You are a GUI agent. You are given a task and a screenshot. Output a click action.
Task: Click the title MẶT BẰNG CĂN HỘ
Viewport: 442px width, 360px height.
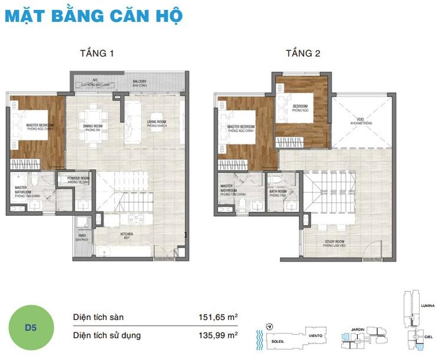tap(94, 15)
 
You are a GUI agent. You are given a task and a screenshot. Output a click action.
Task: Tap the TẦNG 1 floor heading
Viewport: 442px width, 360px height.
tap(97, 54)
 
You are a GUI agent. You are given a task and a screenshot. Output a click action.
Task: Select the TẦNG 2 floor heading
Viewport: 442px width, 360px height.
tap(303, 54)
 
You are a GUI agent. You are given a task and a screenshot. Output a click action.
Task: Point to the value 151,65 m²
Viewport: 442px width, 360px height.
tap(217, 317)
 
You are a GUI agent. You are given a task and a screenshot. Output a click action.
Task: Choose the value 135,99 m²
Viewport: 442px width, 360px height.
tap(217, 335)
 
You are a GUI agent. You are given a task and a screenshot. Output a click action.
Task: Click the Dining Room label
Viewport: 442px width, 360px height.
tap(94, 127)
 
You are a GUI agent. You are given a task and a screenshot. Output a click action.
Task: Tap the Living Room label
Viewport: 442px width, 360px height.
tap(157, 123)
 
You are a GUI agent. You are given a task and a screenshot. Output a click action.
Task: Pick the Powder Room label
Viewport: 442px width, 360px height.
tap(78, 180)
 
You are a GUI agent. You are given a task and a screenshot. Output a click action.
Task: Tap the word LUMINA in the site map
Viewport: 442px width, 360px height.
tap(427, 305)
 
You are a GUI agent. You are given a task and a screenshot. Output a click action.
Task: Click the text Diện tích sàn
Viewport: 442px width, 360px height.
tap(98, 318)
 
